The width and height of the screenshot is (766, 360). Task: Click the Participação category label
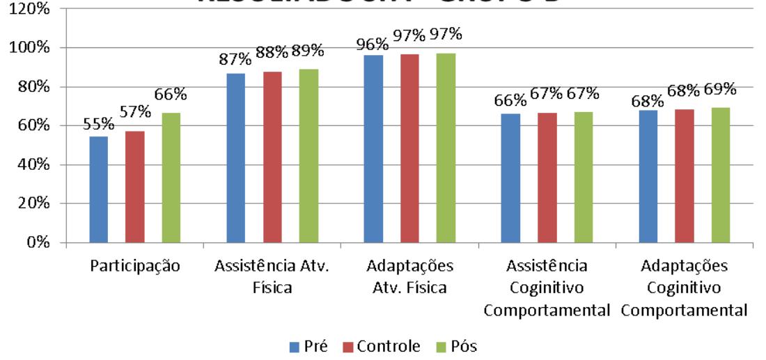134,267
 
